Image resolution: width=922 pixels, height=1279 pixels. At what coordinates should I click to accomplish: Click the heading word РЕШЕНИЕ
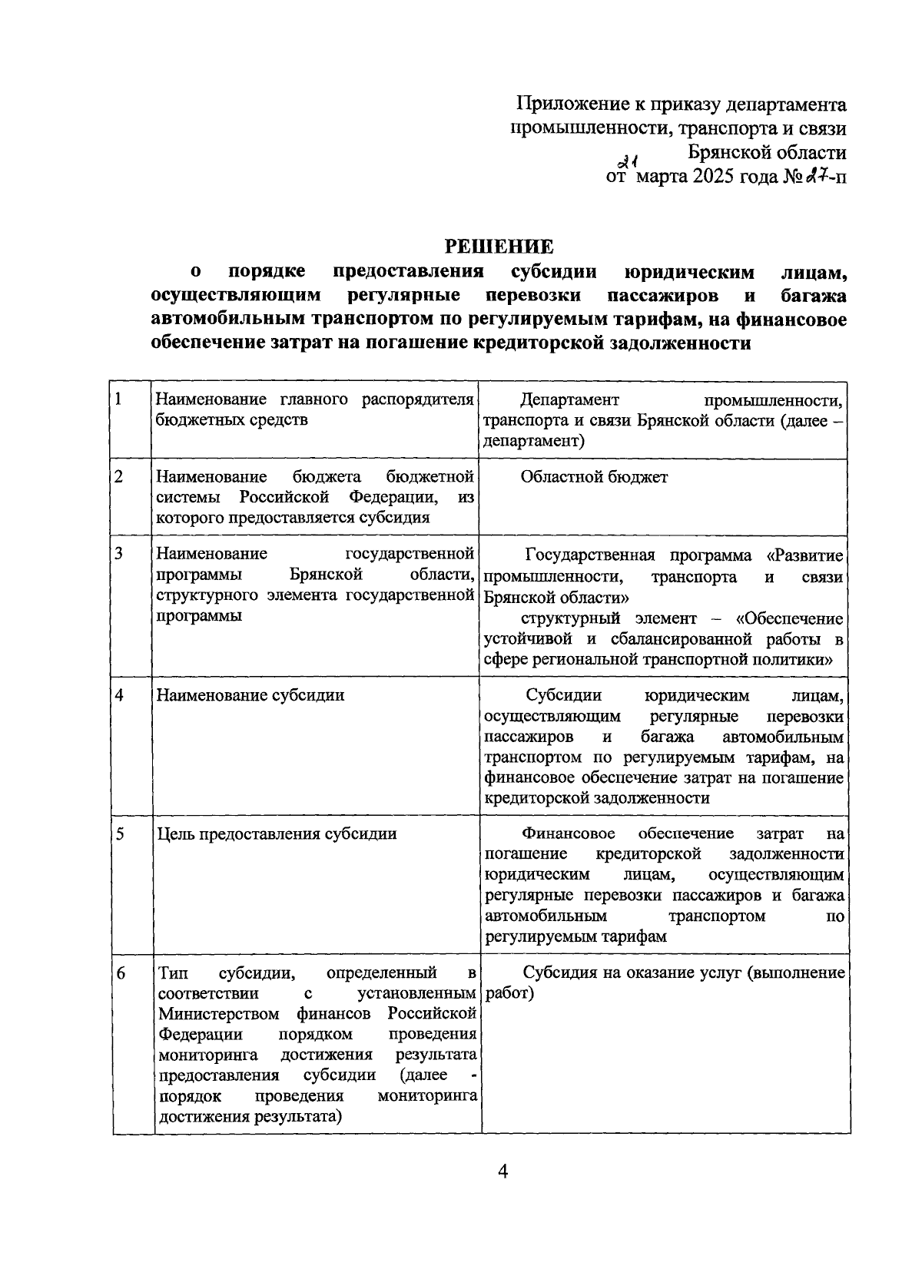coord(499,247)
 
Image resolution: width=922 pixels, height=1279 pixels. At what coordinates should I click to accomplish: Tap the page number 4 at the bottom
coord(503,1171)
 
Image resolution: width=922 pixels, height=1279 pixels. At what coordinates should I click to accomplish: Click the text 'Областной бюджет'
coord(594,477)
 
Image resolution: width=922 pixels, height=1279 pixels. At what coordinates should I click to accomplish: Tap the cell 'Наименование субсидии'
coord(250,695)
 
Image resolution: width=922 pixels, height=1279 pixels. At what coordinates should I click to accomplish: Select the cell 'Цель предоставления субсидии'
coord(277,834)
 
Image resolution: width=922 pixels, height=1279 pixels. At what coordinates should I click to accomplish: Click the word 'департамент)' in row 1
coord(534,441)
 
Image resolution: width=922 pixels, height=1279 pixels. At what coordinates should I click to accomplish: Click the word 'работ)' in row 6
coord(509,993)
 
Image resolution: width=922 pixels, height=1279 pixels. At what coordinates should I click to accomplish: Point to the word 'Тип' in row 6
coord(172,973)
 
